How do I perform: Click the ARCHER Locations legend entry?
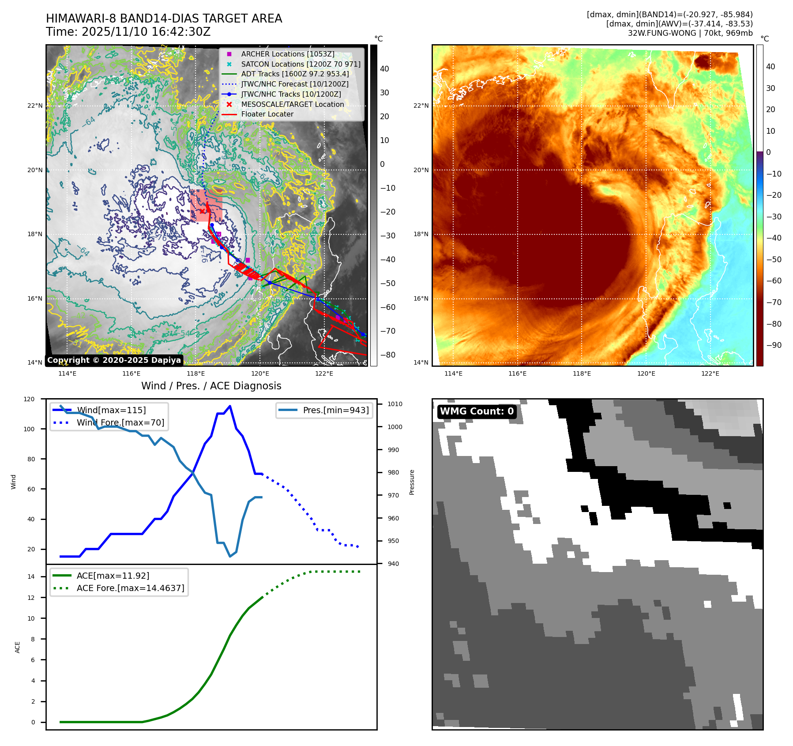287,54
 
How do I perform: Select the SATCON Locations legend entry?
301,64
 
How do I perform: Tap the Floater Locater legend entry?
267,114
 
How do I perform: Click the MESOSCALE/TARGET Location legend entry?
292,104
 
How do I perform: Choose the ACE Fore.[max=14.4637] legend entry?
130,588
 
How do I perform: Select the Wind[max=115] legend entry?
111,410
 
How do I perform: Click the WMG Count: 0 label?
477,411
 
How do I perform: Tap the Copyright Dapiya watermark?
114,360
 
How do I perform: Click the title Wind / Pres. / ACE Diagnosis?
211,386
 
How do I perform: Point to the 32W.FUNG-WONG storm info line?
690,33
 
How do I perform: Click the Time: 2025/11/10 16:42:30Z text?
128,32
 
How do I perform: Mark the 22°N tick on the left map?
35,106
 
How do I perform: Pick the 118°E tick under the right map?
582,374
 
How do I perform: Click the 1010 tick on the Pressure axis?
395,404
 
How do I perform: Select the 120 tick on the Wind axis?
29,399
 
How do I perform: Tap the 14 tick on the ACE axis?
31,576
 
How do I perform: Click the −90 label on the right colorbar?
774,345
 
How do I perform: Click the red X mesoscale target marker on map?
202,211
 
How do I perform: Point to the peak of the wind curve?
230,406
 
